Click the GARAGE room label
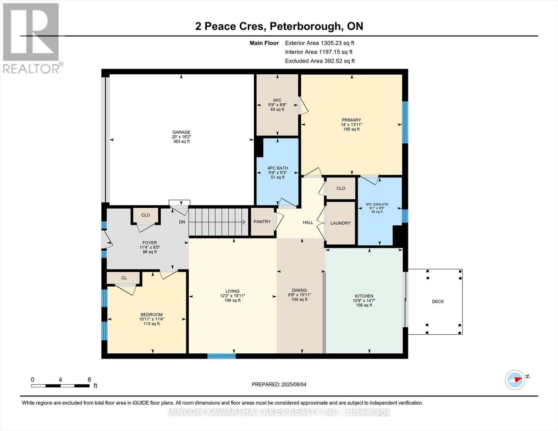tap(181, 133)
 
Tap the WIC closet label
tap(277, 101)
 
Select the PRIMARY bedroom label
tap(351, 120)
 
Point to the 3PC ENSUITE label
tap(377, 204)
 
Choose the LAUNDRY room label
tap(340, 223)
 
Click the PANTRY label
tap(262, 222)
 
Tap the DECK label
tap(438, 301)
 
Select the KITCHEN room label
tap(364, 296)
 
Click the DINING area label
tap(299, 290)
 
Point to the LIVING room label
tap(232, 291)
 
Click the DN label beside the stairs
tap(182, 222)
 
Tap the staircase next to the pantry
tap(218, 222)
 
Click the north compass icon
tap(515, 380)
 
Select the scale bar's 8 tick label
tap(89, 380)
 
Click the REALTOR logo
tap(32, 38)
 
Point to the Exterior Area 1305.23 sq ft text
tap(319, 43)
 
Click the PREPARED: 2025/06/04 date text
tap(279, 384)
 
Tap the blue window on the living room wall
tap(221, 356)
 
